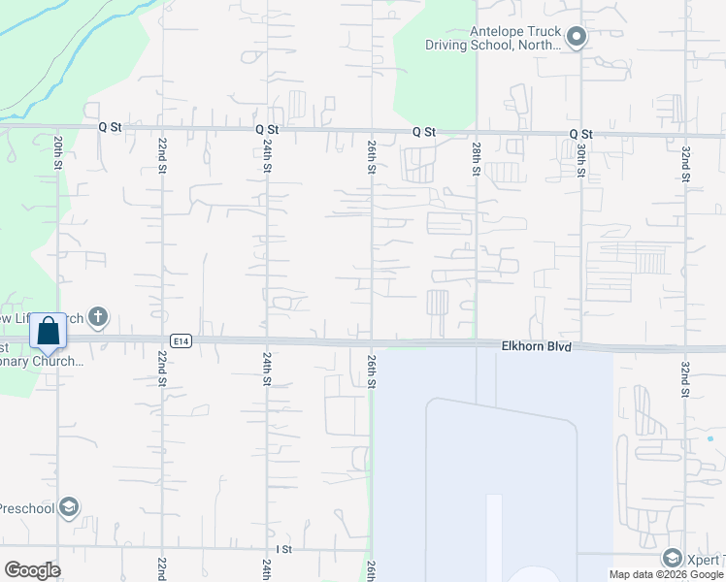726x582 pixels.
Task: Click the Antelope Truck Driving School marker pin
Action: pos(577,38)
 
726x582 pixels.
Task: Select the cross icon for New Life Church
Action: pos(97,316)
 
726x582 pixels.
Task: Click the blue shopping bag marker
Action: pos(49,333)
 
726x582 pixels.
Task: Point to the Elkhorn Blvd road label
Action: pos(536,345)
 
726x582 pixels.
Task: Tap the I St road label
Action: pos(284,549)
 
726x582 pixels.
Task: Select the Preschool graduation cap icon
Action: pos(69,507)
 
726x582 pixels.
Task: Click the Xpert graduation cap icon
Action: pos(672,558)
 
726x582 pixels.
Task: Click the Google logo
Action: pos(32,570)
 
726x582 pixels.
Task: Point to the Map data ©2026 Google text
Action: pos(666,574)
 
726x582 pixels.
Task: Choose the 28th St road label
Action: pos(477,158)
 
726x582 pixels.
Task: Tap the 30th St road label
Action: pos(580,158)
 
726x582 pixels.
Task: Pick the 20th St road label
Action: pos(59,154)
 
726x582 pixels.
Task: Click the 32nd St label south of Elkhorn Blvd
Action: pos(685,372)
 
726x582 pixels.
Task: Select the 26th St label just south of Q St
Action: pos(372,156)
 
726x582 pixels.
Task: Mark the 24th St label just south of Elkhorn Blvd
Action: pos(267,370)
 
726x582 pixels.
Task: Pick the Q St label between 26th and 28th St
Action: pos(423,131)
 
